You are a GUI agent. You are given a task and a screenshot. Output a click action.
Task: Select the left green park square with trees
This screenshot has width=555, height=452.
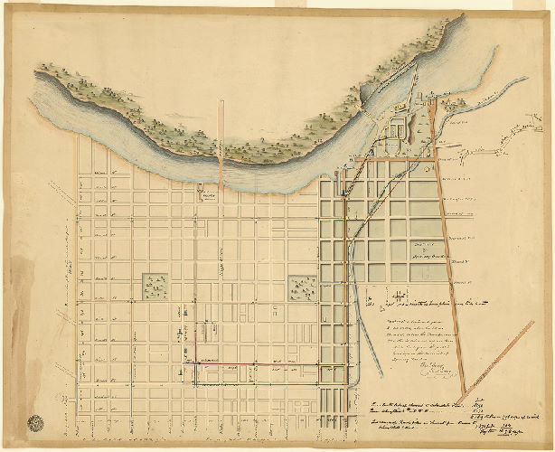[x=155, y=287]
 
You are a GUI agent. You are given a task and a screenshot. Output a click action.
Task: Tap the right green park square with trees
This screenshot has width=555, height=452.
[x=300, y=287]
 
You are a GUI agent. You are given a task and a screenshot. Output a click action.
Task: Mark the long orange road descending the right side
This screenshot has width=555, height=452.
[x=450, y=253]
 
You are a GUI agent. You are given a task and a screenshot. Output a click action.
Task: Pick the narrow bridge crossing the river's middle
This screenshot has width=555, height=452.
[x=220, y=136]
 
